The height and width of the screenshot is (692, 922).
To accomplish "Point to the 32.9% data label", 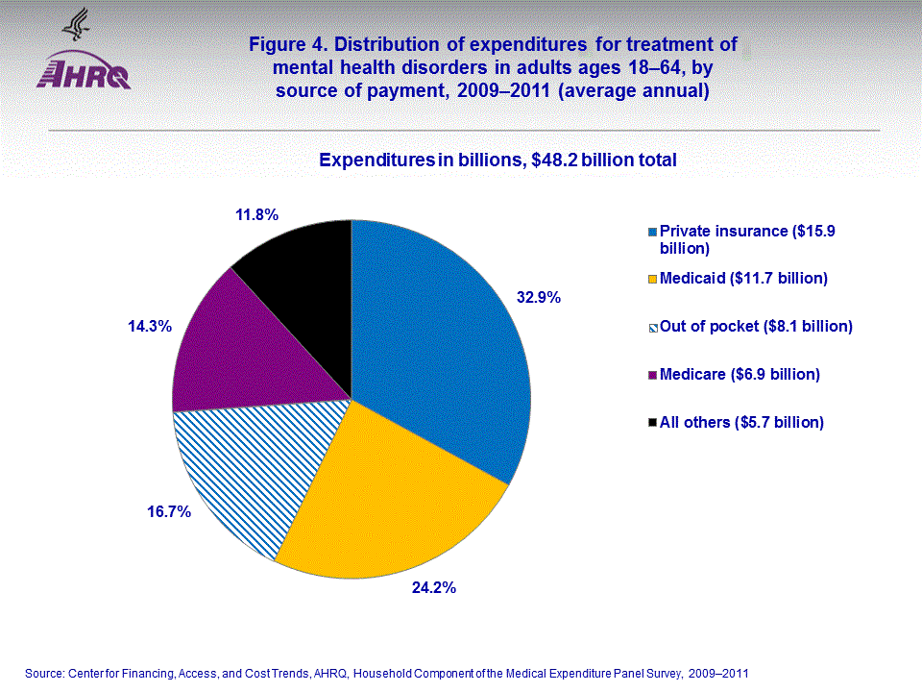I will [x=539, y=298].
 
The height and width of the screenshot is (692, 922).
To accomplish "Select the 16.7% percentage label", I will [x=169, y=512].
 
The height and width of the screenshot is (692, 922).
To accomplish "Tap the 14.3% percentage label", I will [x=150, y=327].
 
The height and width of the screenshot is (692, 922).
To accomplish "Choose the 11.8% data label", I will [x=257, y=215].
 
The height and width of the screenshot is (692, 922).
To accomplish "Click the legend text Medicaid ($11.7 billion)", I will [x=743, y=279].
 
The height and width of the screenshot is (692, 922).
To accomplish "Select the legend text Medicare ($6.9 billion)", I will [x=740, y=374].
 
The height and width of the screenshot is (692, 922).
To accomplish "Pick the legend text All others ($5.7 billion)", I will [x=741, y=422].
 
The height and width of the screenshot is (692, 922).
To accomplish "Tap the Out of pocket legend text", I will [x=756, y=327].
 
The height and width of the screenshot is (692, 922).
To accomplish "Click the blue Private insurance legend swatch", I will [x=653, y=232].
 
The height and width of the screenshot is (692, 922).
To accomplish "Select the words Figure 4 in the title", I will [x=286, y=45].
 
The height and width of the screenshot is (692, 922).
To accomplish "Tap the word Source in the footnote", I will [x=43, y=674].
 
